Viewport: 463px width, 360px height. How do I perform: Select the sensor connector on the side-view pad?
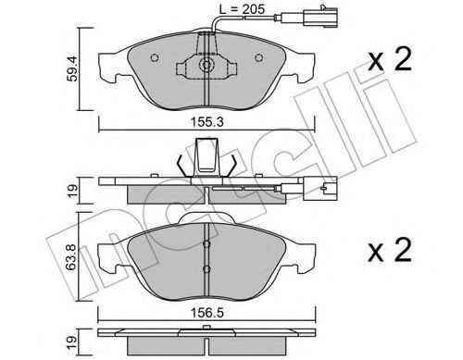(x=323, y=192)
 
